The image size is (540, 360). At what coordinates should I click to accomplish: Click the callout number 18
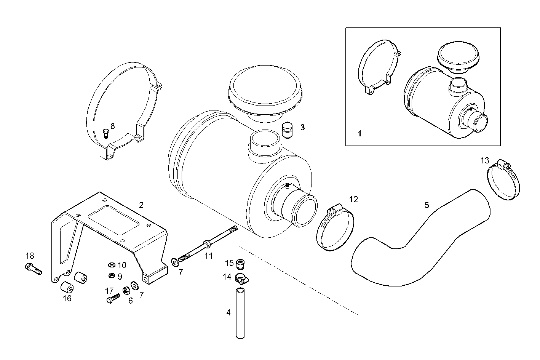tap(30, 255)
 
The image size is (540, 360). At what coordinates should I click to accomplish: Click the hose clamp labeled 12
tap(336, 229)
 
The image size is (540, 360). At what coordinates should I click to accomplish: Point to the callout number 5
tap(427, 205)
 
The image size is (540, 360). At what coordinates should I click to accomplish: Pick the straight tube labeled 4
tap(240, 313)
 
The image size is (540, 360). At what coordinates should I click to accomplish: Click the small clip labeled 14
tap(240, 279)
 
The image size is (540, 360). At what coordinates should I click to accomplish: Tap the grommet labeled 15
tap(240, 263)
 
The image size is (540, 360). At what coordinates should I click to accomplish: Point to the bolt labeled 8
tap(105, 133)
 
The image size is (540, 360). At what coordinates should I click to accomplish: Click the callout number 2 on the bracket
tap(141, 205)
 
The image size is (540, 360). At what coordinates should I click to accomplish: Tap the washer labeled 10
tap(112, 265)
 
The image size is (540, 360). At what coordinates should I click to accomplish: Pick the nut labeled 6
tap(126, 291)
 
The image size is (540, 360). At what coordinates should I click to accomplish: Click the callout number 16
tap(67, 298)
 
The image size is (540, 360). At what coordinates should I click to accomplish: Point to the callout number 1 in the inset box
tap(359, 134)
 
